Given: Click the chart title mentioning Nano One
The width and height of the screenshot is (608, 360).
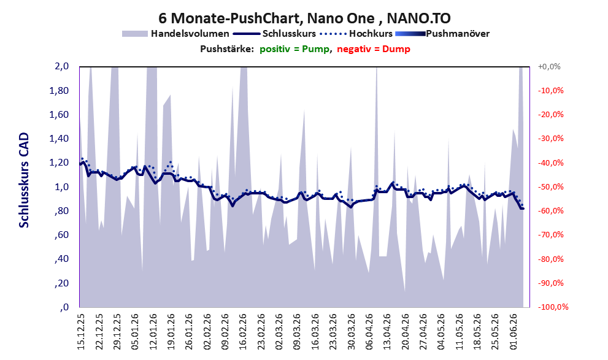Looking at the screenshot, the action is pyautogui.click(x=304, y=18).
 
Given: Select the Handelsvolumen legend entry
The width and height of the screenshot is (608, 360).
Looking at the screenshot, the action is pyautogui.click(x=175, y=34).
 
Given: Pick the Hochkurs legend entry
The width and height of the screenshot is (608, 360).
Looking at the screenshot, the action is pyautogui.click(x=356, y=34).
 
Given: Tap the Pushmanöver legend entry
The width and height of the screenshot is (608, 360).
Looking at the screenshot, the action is pyautogui.click(x=442, y=34).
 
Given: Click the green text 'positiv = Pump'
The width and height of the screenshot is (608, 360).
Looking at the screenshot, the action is pyautogui.click(x=294, y=49).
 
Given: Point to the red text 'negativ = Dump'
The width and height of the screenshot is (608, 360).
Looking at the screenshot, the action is pyautogui.click(x=374, y=49).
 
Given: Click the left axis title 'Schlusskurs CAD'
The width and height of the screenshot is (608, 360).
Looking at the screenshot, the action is pyautogui.click(x=24, y=180).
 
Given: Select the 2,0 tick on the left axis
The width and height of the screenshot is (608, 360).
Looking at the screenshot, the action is pyautogui.click(x=61, y=66).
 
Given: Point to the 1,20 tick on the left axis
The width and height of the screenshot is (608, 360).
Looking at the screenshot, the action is pyautogui.click(x=59, y=163).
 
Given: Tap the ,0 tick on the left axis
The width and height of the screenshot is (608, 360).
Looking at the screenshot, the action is pyautogui.click(x=64, y=307).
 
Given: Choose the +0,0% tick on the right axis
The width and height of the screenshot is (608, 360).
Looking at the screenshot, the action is pyautogui.click(x=549, y=67).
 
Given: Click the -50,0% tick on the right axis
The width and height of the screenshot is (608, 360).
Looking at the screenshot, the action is pyautogui.click(x=550, y=187).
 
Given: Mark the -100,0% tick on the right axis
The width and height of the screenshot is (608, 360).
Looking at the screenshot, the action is pyautogui.click(x=553, y=307).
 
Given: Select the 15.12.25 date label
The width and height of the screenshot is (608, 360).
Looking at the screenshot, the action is pyautogui.click(x=81, y=332).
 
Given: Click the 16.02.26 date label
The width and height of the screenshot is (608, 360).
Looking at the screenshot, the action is pyautogui.click(x=243, y=332).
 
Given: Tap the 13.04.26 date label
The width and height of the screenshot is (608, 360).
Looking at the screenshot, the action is pyautogui.click(x=387, y=332).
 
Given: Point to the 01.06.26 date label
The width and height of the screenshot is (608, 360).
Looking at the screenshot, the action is pyautogui.click(x=513, y=332).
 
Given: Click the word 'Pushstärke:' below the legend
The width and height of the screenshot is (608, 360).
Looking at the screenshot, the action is pyautogui.click(x=227, y=49).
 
